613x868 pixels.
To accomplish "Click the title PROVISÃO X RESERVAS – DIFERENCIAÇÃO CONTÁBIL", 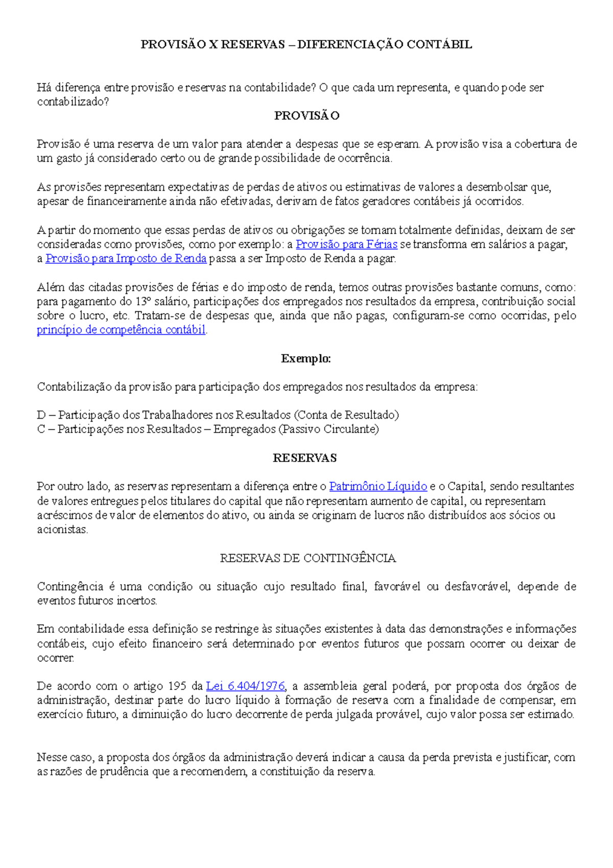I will click(x=306, y=45).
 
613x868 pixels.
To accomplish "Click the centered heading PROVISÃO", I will click(x=306, y=116).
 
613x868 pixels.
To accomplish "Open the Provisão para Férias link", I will click(x=346, y=244).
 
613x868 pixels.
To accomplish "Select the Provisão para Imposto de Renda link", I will click(x=126, y=259).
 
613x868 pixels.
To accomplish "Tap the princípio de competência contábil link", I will click(x=121, y=330).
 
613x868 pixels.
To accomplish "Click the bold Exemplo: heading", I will click(x=306, y=359).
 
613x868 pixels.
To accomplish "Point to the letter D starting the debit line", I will click(x=41, y=415).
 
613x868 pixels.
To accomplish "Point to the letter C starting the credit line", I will click(x=41, y=429).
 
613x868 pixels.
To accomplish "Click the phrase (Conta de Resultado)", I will click(x=347, y=415).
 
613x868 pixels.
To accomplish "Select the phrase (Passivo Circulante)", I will click(x=329, y=429).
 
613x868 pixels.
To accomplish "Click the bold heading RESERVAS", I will click(x=304, y=458).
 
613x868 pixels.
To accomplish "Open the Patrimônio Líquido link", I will click(x=378, y=486).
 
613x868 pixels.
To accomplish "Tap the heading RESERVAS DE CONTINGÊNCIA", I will click(x=308, y=558).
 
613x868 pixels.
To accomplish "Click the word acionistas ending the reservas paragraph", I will click(x=62, y=530).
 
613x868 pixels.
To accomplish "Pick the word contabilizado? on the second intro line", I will click(x=73, y=102).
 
